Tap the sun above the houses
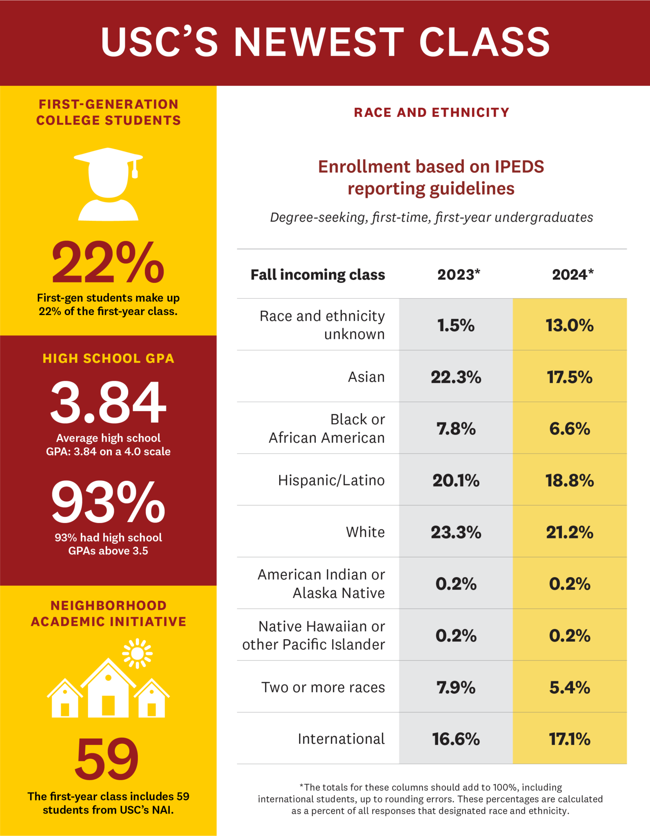point(138,654)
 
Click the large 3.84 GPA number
point(108,402)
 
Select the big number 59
point(107,758)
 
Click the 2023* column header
point(459,274)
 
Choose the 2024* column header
point(572,274)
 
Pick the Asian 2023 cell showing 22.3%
point(456,377)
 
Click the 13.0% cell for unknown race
point(570,325)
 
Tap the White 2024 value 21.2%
point(570,532)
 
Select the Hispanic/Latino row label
point(331,480)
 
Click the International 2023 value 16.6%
point(456,739)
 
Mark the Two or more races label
point(323,687)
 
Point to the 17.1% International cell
point(570,739)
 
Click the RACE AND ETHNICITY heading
point(431,112)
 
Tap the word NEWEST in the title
point(319,42)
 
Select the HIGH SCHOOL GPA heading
point(108,358)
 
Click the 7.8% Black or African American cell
point(456,429)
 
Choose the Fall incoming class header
point(317,275)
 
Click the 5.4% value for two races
point(570,687)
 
